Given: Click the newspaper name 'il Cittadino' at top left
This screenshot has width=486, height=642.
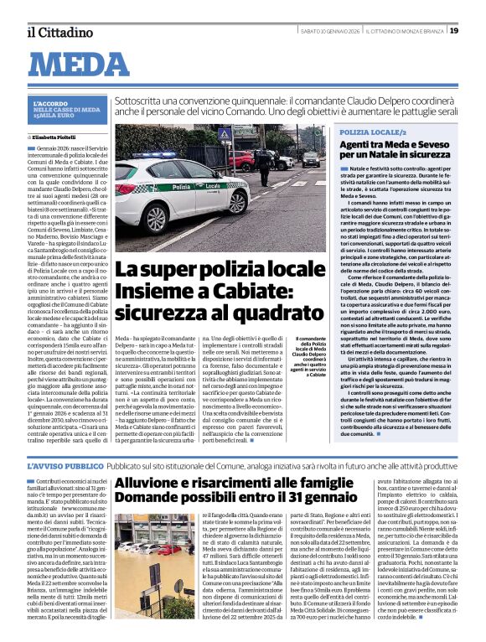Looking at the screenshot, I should [x=59, y=31].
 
